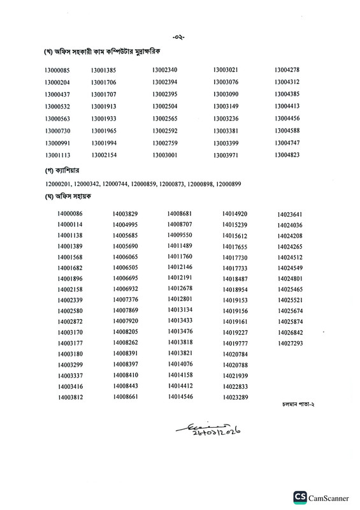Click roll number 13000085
pos(57,70)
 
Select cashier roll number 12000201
pos(58,184)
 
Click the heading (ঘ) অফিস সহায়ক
pos(66,200)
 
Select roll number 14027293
pos(290,344)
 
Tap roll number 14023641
pos(290,214)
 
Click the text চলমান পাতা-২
pos(297,405)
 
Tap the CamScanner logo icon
pos(299,497)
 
